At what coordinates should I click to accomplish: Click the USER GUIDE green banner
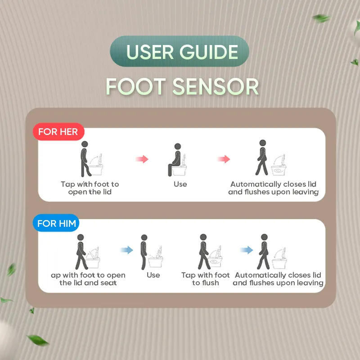179,51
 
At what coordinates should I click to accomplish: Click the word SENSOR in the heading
216,86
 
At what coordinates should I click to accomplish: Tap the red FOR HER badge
58,132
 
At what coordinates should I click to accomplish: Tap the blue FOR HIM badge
56,223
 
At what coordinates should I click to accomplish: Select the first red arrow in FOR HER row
142,159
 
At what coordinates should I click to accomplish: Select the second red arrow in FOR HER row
224,159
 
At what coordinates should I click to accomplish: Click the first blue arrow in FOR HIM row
127,250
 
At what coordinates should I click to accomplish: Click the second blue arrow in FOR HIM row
246,250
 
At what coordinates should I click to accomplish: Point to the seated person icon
175,160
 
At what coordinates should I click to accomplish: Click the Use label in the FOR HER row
180,184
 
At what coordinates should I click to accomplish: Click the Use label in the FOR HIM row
153,275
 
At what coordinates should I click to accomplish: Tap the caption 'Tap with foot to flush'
206,279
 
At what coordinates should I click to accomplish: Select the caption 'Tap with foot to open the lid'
90,188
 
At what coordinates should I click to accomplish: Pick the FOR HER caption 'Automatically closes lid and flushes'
273,188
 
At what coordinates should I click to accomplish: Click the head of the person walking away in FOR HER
262,143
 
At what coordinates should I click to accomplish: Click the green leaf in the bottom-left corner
38,340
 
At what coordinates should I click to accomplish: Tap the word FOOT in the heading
136,86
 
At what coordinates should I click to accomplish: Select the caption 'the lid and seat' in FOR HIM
88,283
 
